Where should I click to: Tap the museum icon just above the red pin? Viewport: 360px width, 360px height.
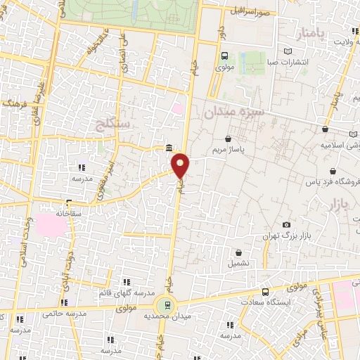(169, 148)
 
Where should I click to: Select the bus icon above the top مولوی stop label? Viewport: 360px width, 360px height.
(224, 56)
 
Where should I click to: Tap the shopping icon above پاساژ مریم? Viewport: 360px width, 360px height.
(228, 139)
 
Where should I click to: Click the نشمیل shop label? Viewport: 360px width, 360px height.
(238, 263)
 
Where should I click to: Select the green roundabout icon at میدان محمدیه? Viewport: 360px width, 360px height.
(167, 304)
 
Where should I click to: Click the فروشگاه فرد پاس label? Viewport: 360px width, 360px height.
(337, 182)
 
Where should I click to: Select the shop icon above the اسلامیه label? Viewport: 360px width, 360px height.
(325, 130)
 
